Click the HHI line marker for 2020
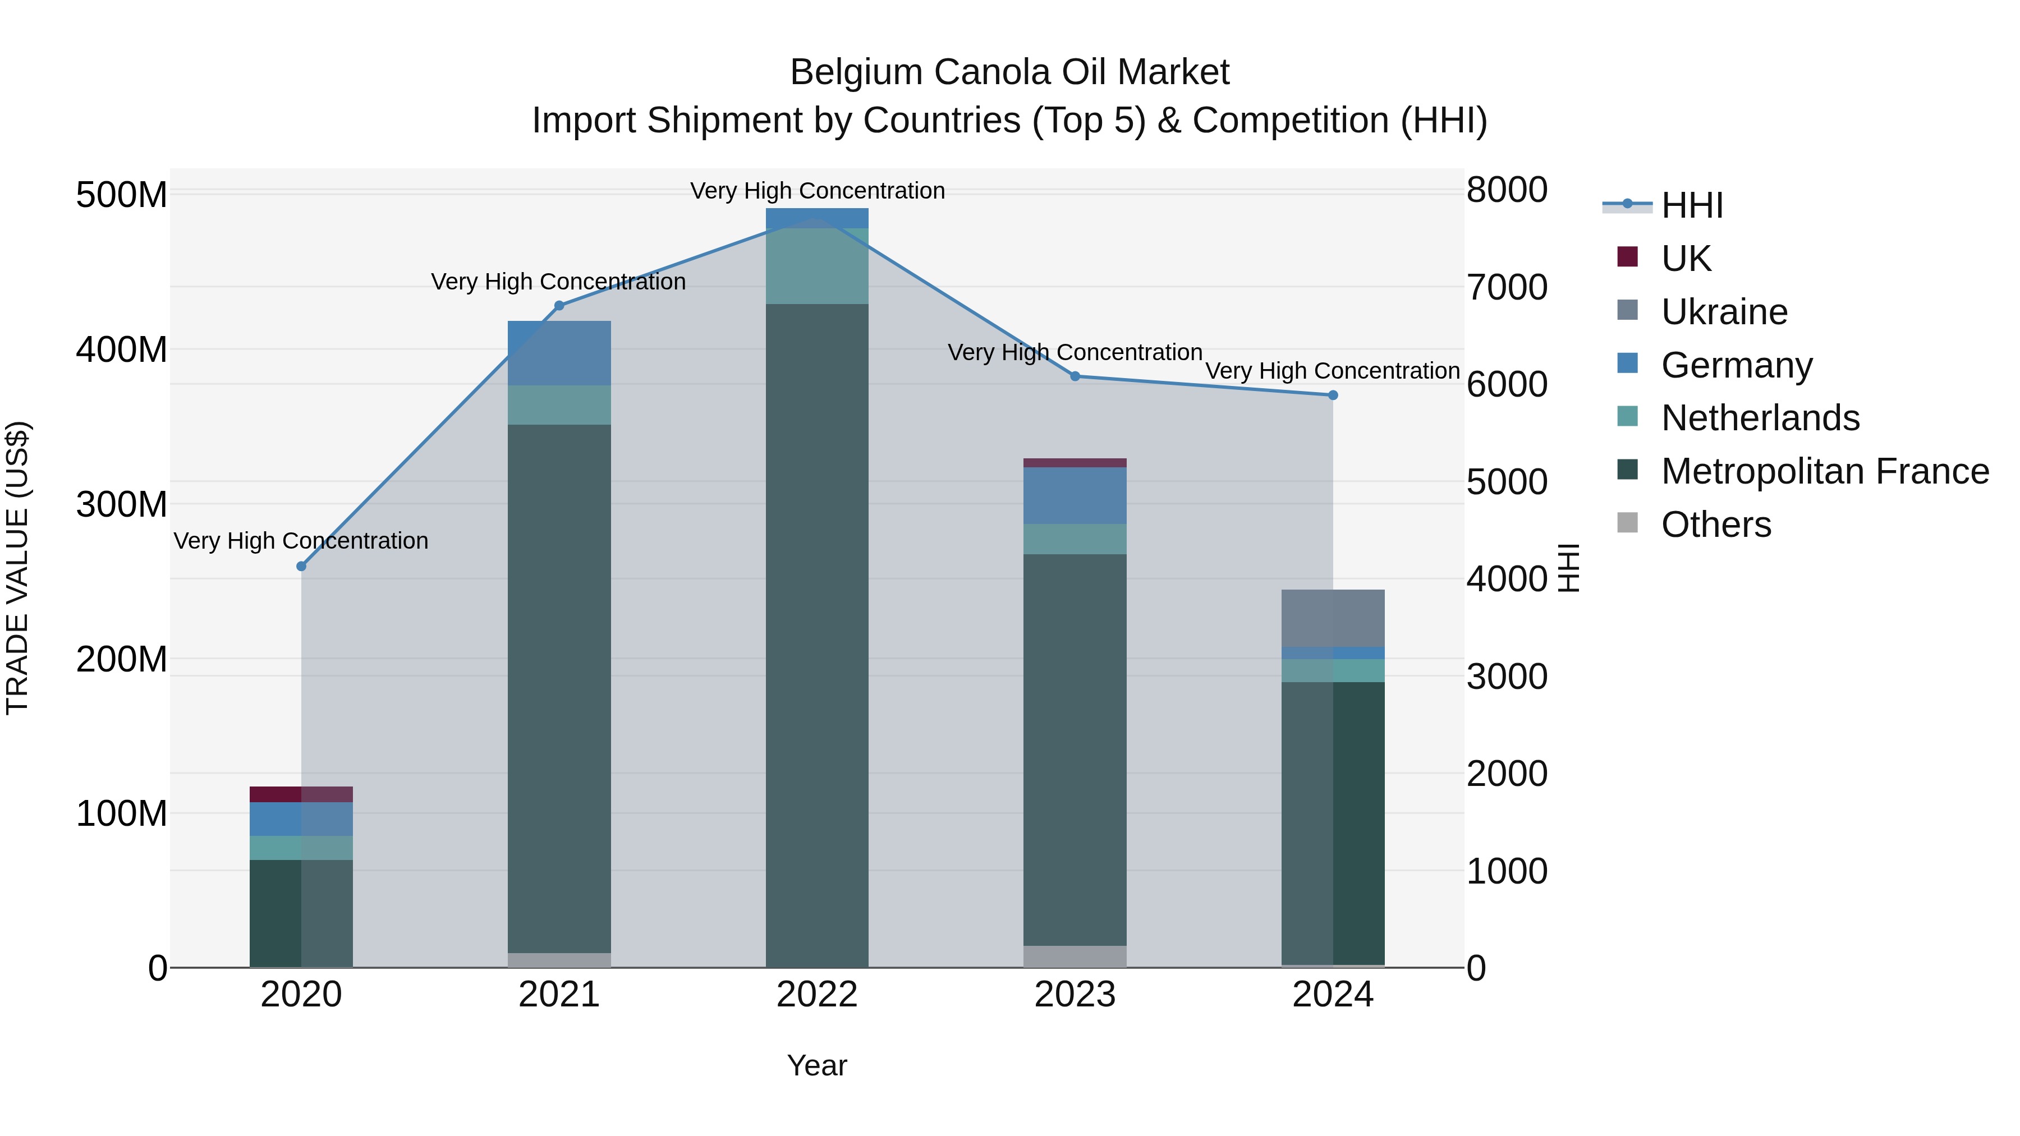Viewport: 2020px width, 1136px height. (x=301, y=566)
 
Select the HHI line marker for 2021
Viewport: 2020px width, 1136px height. (x=559, y=306)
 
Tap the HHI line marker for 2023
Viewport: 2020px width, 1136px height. (x=1075, y=376)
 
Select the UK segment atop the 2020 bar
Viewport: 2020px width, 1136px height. (x=301, y=794)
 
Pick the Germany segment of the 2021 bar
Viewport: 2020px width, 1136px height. (x=559, y=353)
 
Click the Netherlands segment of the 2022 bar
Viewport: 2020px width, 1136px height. (x=817, y=266)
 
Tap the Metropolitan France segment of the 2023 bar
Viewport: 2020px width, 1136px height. (x=1075, y=749)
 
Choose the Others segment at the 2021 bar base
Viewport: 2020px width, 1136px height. (x=559, y=960)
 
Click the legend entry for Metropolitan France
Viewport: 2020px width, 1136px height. (x=1824, y=471)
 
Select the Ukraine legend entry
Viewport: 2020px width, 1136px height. (x=1724, y=312)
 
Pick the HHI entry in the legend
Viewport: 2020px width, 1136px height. (x=1691, y=205)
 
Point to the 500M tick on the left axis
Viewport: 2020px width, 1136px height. (x=122, y=195)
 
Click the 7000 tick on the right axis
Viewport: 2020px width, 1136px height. (x=1507, y=288)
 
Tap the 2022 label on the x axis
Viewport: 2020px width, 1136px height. (x=817, y=995)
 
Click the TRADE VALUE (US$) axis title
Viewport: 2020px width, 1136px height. (x=18, y=568)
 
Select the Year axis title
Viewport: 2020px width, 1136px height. (x=817, y=1065)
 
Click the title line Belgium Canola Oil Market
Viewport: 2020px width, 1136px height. (x=1009, y=72)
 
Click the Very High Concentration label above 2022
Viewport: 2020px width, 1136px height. (x=817, y=191)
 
